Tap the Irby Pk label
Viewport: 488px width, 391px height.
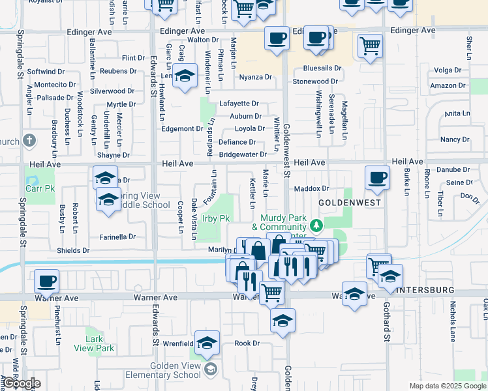[216, 218]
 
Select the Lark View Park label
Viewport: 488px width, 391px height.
[99, 343]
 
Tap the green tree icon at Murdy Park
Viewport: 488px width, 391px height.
[316, 225]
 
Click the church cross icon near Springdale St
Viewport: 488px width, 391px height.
[29, 140]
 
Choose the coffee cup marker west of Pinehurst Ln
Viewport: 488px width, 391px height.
[47, 282]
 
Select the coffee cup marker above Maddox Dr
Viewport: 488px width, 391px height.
[377, 178]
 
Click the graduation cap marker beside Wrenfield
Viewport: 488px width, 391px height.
[207, 342]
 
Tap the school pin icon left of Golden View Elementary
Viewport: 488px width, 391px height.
[210, 369]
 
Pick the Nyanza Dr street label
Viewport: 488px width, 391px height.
[255, 77]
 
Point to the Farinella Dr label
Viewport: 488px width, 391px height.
[118, 237]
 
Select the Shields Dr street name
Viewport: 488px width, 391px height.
[73, 250]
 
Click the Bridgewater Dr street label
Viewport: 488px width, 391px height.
[243, 154]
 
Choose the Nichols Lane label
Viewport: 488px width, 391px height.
[452, 326]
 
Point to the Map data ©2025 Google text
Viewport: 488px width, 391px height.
[448, 386]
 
